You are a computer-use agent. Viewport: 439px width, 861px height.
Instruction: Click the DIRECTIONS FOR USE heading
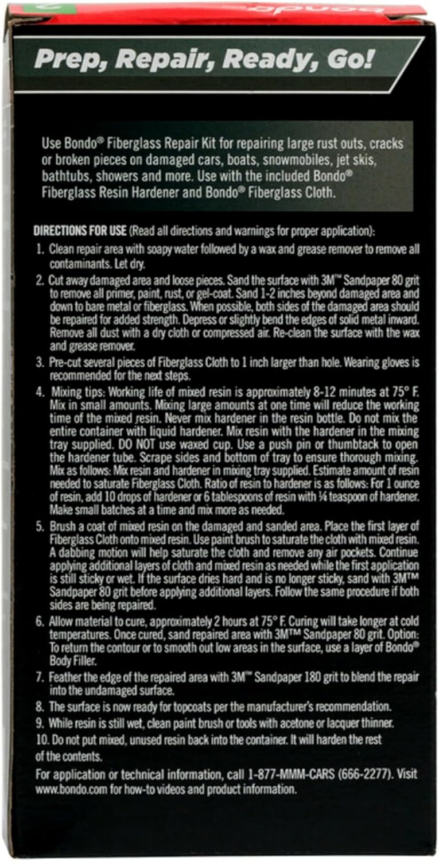[80, 232]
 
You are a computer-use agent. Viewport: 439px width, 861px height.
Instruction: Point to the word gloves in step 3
[380, 363]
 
